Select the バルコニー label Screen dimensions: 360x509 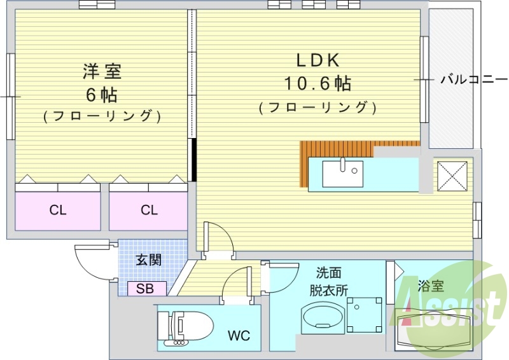tap(474, 80)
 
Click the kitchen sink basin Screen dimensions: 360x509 tap(342, 174)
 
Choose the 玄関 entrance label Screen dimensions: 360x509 tap(148, 260)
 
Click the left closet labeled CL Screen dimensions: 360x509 tap(58, 211)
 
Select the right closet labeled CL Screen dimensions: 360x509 tap(149, 211)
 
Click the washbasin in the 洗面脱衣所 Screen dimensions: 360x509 tap(321, 317)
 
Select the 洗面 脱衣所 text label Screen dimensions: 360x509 tap(328, 282)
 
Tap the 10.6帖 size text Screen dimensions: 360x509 tap(317, 83)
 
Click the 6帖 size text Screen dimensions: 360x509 tap(102, 94)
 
